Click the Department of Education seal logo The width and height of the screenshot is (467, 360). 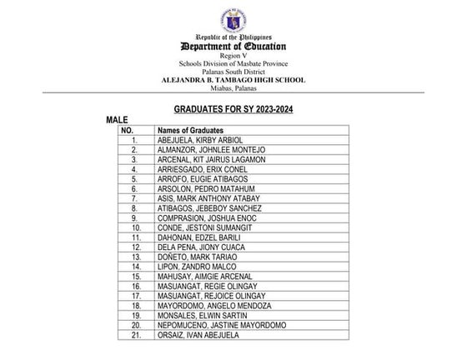pos(233,17)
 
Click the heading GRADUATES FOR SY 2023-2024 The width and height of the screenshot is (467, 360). pos(233,109)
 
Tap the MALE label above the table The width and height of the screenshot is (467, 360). pos(117,121)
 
